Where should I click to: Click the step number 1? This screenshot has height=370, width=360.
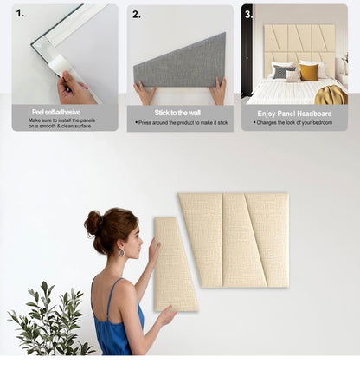click(x=20, y=12)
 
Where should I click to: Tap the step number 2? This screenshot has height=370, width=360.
click(x=136, y=13)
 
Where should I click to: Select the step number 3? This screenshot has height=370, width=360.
click(x=248, y=14)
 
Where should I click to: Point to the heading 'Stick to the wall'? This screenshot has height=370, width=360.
click(x=179, y=113)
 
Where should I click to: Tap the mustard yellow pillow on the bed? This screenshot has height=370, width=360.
click(x=309, y=72)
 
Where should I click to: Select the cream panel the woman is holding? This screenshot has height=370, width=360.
click(x=174, y=263)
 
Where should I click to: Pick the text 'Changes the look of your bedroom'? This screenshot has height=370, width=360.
click(x=294, y=122)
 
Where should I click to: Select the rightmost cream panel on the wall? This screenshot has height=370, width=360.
click(x=271, y=240)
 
